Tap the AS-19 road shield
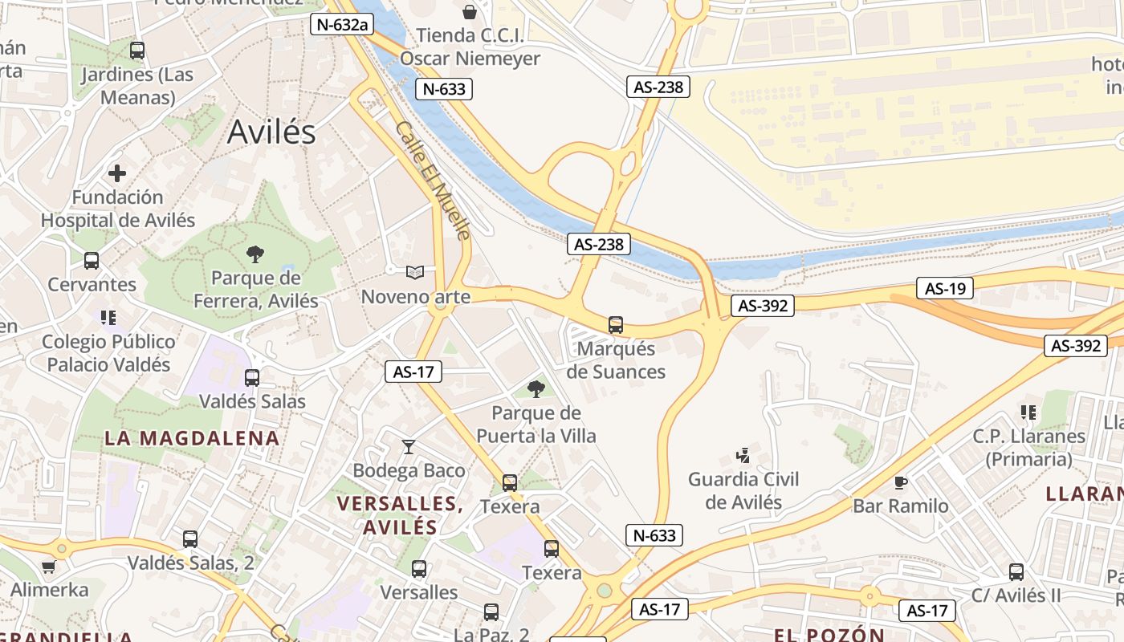click(x=945, y=288)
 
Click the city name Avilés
click(x=271, y=132)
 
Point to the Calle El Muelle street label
click(x=433, y=181)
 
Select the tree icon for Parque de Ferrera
click(x=255, y=254)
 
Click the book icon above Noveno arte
click(x=414, y=273)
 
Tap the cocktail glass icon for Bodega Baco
click(x=409, y=447)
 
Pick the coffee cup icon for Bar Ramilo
click(x=901, y=482)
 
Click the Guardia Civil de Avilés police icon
click(x=743, y=456)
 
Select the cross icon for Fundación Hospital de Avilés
click(x=117, y=173)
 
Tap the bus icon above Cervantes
click(x=92, y=261)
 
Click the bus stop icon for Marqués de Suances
click(x=616, y=325)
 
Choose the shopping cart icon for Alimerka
click(x=48, y=567)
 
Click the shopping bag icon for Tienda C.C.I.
click(x=470, y=12)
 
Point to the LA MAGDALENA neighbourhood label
click(x=192, y=438)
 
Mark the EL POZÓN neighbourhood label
click(x=829, y=635)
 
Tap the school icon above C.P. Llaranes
click(x=1028, y=412)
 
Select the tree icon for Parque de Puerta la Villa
click(x=536, y=389)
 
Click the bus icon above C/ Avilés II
click(x=1016, y=572)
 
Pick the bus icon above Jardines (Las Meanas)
click(x=137, y=51)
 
